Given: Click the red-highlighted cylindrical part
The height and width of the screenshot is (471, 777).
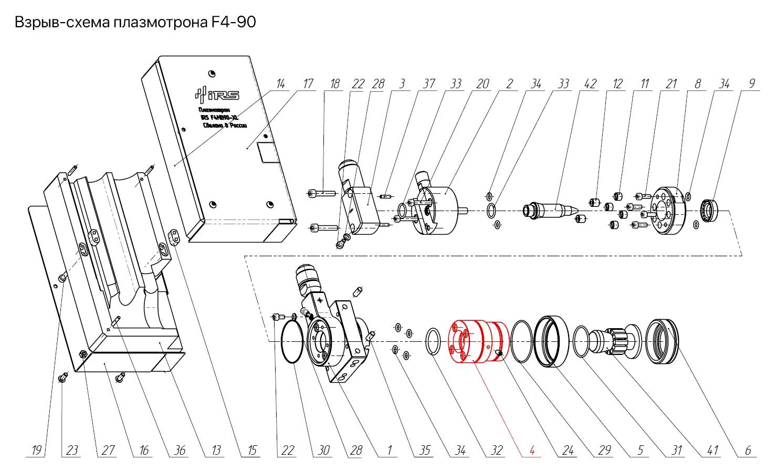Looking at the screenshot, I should pyautogui.click(x=478, y=341).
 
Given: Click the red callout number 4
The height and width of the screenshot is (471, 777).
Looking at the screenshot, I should pyautogui.click(x=532, y=450).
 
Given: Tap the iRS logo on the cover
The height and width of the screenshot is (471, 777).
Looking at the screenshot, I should pyautogui.click(x=217, y=95).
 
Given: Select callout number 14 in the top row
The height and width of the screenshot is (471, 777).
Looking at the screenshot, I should pyautogui.click(x=280, y=84).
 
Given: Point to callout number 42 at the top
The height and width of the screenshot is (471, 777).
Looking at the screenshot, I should pyautogui.click(x=590, y=84).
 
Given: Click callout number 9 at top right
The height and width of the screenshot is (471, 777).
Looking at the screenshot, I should pyautogui.click(x=752, y=84).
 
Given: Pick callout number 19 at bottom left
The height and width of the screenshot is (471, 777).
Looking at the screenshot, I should pyautogui.click(x=36, y=450).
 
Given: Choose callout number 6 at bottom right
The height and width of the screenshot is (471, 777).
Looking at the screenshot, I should pyautogui.click(x=748, y=450).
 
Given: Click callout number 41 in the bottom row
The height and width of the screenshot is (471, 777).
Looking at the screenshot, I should pyautogui.click(x=712, y=450).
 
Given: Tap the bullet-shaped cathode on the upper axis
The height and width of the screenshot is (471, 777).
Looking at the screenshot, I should pyautogui.click(x=554, y=210).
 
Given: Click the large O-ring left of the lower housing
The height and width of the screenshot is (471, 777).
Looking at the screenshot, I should pyautogui.click(x=292, y=342).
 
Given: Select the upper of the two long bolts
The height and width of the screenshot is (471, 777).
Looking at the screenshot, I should pyautogui.click(x=321, y=193).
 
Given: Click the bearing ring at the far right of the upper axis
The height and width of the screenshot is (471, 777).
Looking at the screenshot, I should pyautogui.click(x=712, y=211).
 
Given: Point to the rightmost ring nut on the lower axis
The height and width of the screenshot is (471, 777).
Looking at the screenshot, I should pyautogui.click(x=661, y=342).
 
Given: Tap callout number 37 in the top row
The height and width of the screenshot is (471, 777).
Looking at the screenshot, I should pyautogui.click(x=429, y=84).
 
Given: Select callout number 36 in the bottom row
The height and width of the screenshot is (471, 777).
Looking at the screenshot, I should pyautogui.click(x=180, y=450).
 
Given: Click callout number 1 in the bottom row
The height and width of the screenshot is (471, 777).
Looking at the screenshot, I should pyautogui.click(x=389, y=450).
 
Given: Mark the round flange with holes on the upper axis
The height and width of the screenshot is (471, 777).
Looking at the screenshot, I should pyautogui.click(x=668, y=210).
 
